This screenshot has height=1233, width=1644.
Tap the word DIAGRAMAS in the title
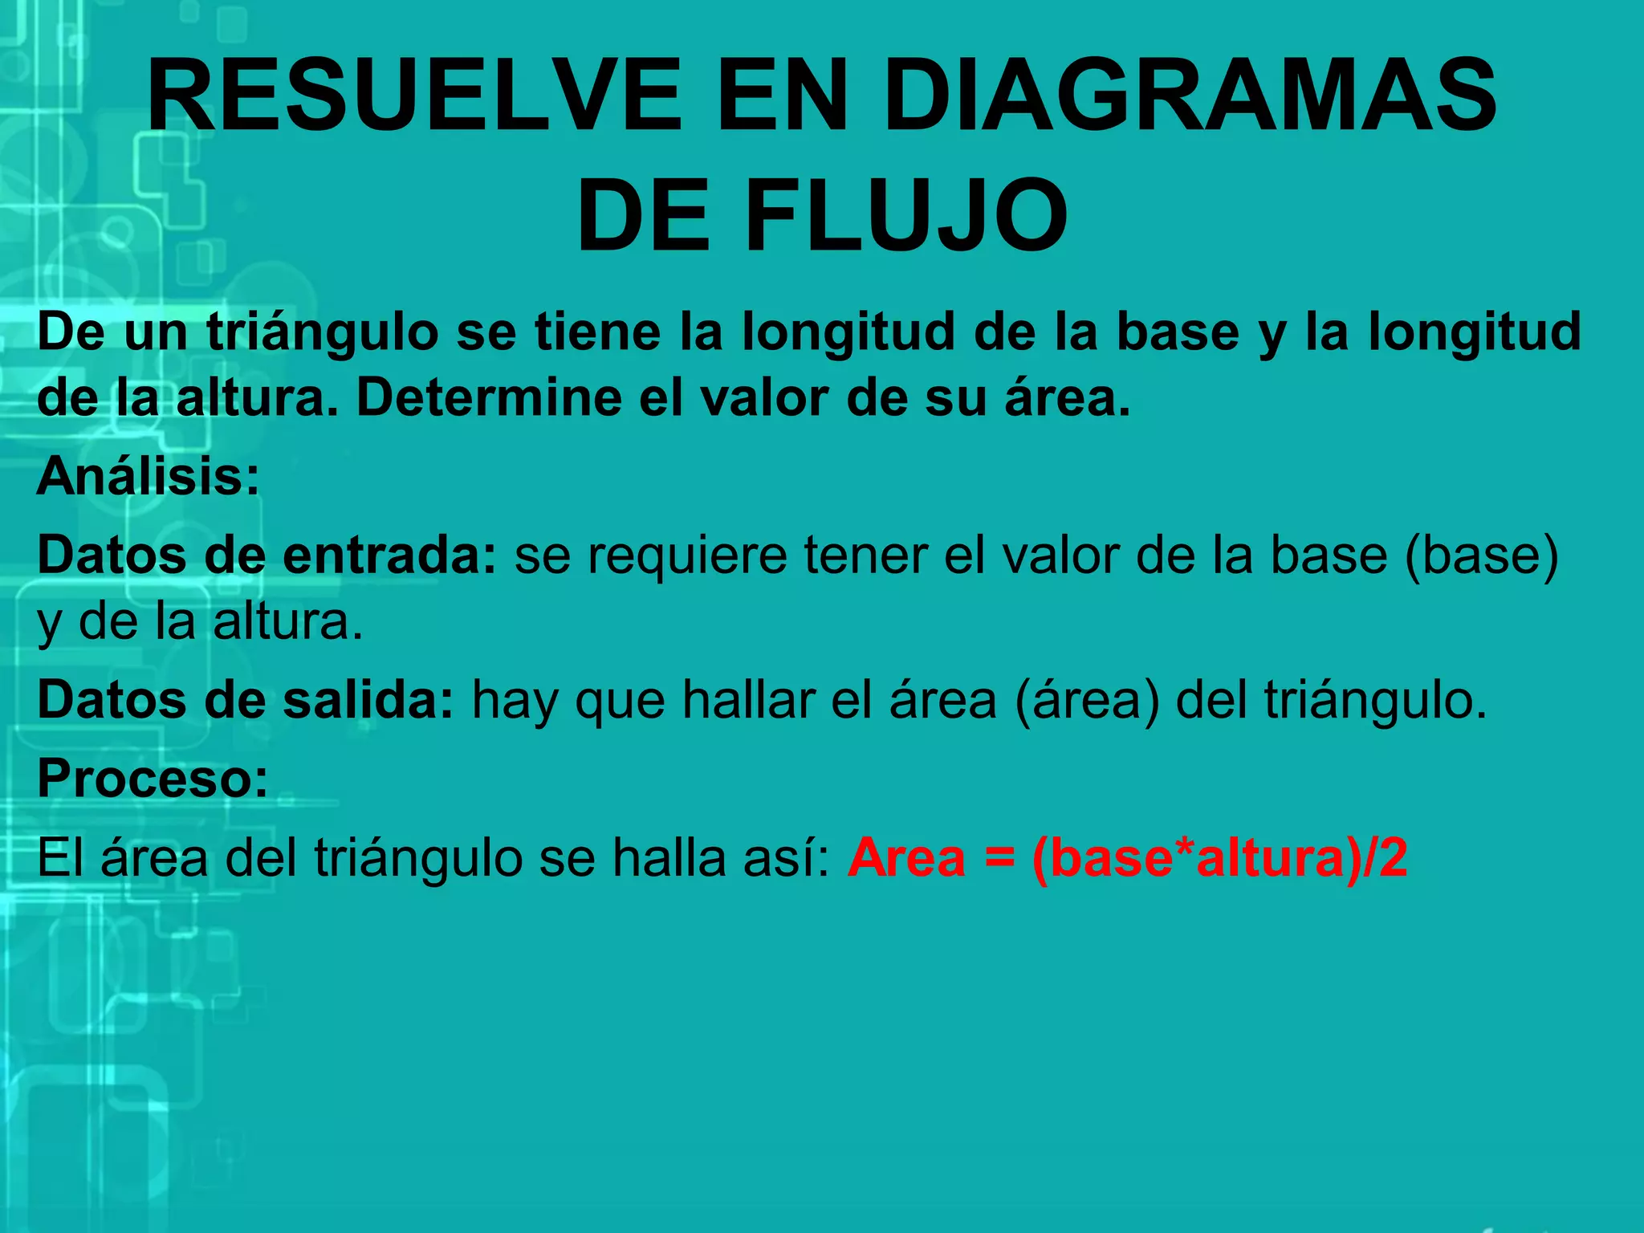coord(1190,95)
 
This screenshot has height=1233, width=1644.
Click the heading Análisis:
coord(149,476)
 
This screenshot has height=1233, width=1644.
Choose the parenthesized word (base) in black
coord(1482,555)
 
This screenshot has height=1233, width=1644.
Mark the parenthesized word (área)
coord(1087,699)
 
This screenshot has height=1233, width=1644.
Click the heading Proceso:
coord(153,778)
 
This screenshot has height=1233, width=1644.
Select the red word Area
coord(906,857)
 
